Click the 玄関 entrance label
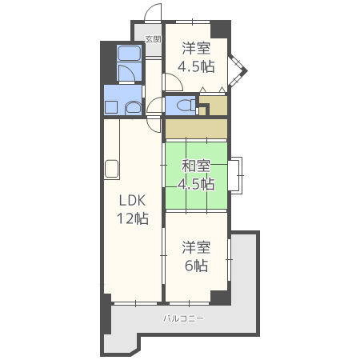(x=153, y=39)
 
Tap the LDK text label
(x=132, y=200)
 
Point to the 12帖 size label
(x=133, y=218)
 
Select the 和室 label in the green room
(x=196, y=166)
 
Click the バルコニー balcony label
(x=183, y=318)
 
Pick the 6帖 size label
(x=196, y=266)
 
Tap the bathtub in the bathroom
(x=129, y=53)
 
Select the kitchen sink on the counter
(x=111, y=169)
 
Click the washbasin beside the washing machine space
(x=133, y=108)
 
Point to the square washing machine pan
(x=111, y=107)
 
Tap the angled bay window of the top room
(x=238, y=71)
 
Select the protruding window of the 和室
(x=236, y=175)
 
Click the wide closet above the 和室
(x=196, y=129)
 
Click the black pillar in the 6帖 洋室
(x=220, y=298)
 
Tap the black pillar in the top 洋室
(x=221, y=30)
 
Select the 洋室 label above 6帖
(x=196, y=247)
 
